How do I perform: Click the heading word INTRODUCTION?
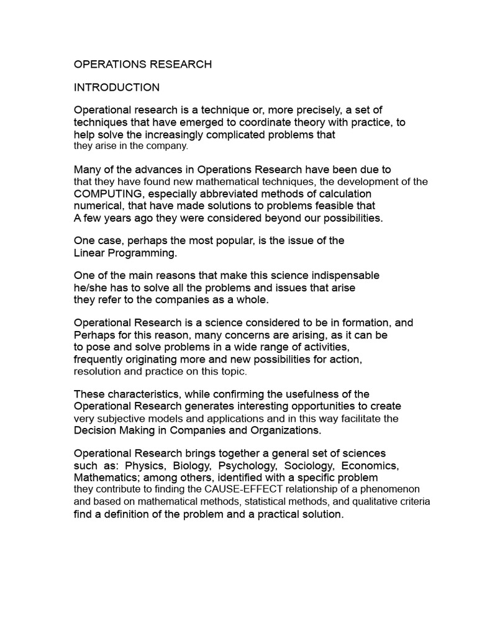[x=117, y=88]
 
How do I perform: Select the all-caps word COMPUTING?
[x=107, y=193]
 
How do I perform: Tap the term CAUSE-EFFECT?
[x=240, y=489]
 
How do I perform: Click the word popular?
[x=234, y=240]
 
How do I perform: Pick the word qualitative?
[x=368, y=502]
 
